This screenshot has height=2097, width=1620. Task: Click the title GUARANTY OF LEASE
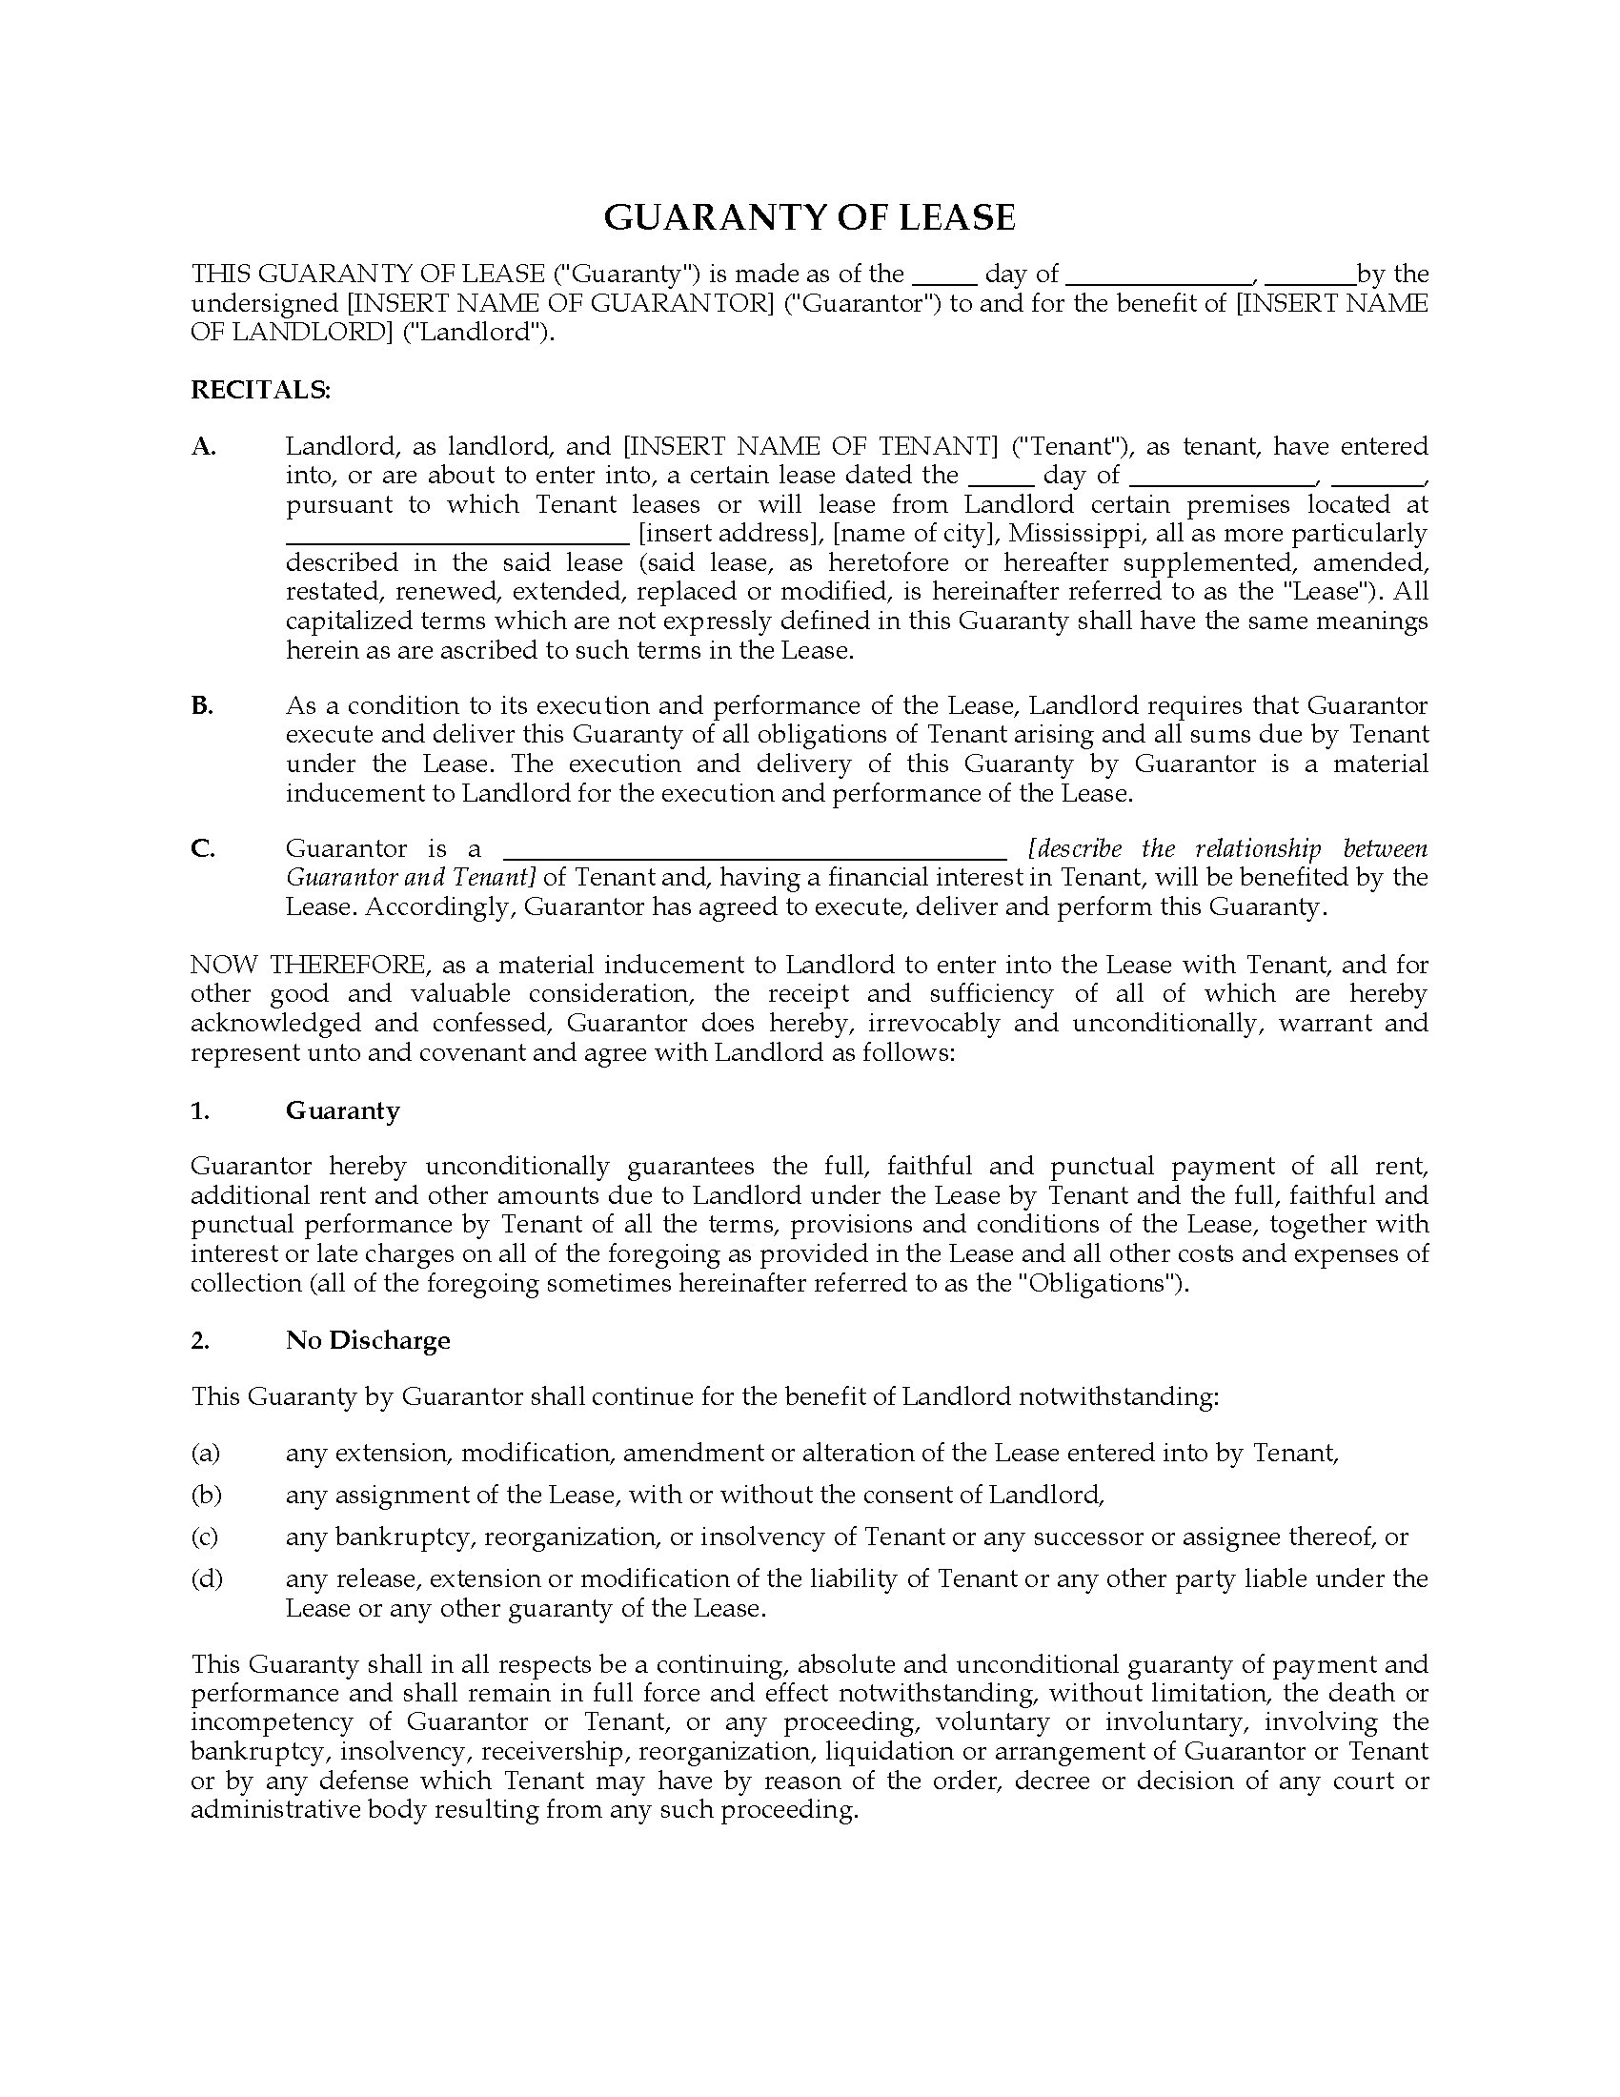pyautogui.click(x=809, y=218)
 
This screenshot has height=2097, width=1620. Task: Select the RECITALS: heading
pyautogui.click(x=260, y=390)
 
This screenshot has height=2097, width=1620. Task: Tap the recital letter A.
pyautogui.click(x=204, y=446)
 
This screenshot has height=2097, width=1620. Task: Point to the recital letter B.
pyautogui.click(x=201, y=705)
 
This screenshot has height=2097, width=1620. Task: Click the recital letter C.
pyautogui.click(x=202, y=848)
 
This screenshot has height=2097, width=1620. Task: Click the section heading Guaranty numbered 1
pyautogui.click(x=342, y=1110)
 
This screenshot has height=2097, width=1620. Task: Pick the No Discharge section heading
pyautogui.click(x=368, y=1340)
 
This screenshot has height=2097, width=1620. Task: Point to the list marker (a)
pyautogui.click(x=206, y=1454)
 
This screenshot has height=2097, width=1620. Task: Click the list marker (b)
pyautogui.click(x=206, y=1495)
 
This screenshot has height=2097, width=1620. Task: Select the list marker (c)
pyautogui.click(x=205, y=1537)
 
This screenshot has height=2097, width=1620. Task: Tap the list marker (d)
pyautogui.click(x=206, y=1579)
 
